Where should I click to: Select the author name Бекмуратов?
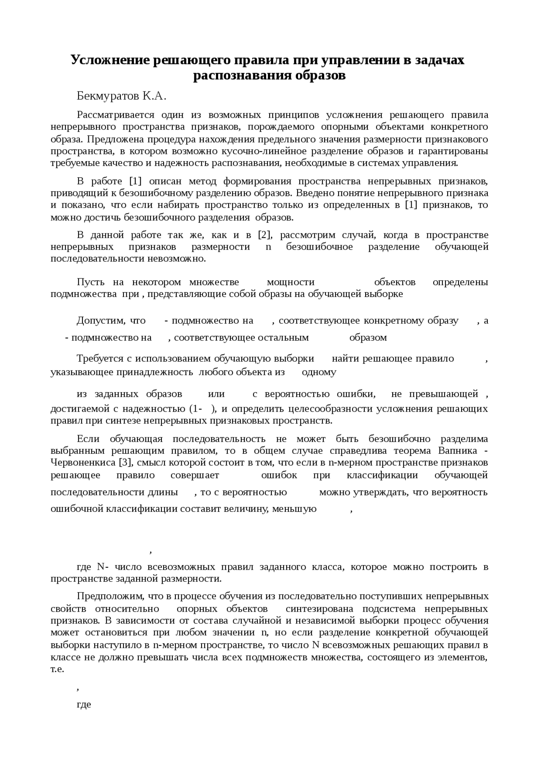pyautogui.click(x=107, y=96)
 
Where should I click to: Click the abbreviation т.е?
pyautogui.click(x=57, y=670)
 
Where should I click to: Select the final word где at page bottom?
pyautogui.click(x=84, y=705)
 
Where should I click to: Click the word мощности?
pyautogui.click(x=291, y=282)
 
